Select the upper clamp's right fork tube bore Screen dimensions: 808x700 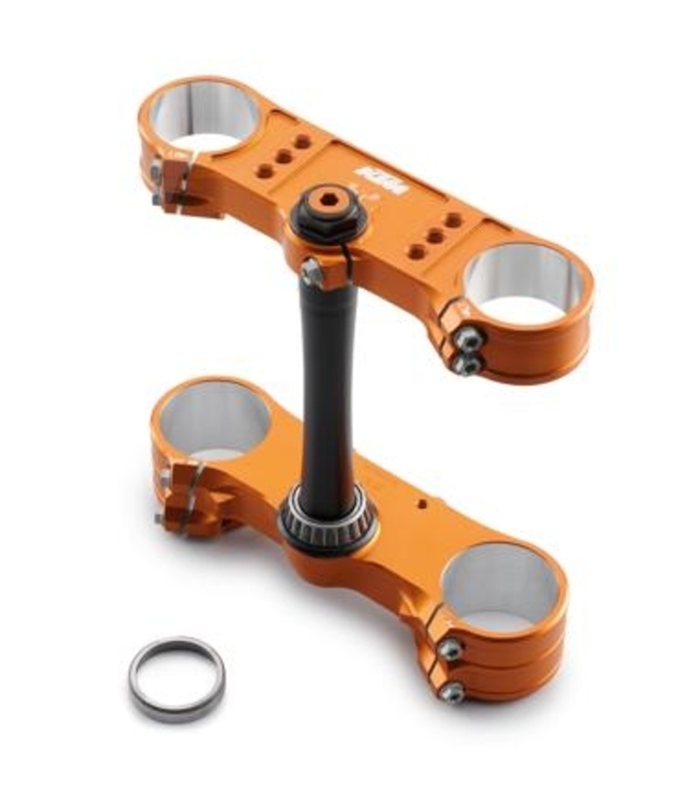point(523,282)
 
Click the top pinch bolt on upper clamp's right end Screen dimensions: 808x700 point(470,338)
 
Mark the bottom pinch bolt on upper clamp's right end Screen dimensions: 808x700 point(468,362)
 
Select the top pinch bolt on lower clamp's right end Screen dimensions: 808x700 point(451,649)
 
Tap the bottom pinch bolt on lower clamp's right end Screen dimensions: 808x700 point(451,693)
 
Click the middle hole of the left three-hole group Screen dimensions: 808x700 point(283,157)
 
